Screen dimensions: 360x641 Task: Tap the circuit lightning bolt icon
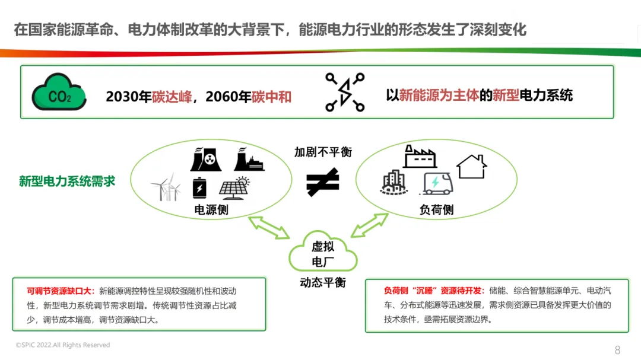click(x=345, y=93)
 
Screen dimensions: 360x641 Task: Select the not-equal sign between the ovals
click(x=323, y=182)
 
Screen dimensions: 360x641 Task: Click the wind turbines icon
click(x=166, y=187)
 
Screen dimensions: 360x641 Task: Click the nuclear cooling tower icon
click(x=205, y=159)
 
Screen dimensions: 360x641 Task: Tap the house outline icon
click(x=472, y=166)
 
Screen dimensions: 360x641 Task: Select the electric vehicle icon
click(x=436, y=183)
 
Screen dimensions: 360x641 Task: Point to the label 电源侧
click(x=211, y=210)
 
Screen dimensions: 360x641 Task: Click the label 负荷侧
click(x=436, y=210)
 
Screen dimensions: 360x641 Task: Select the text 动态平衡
click(x=323, y=282)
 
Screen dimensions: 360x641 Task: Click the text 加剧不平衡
click(x=323, y=152)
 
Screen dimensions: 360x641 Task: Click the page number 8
click(x=617, y=349)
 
